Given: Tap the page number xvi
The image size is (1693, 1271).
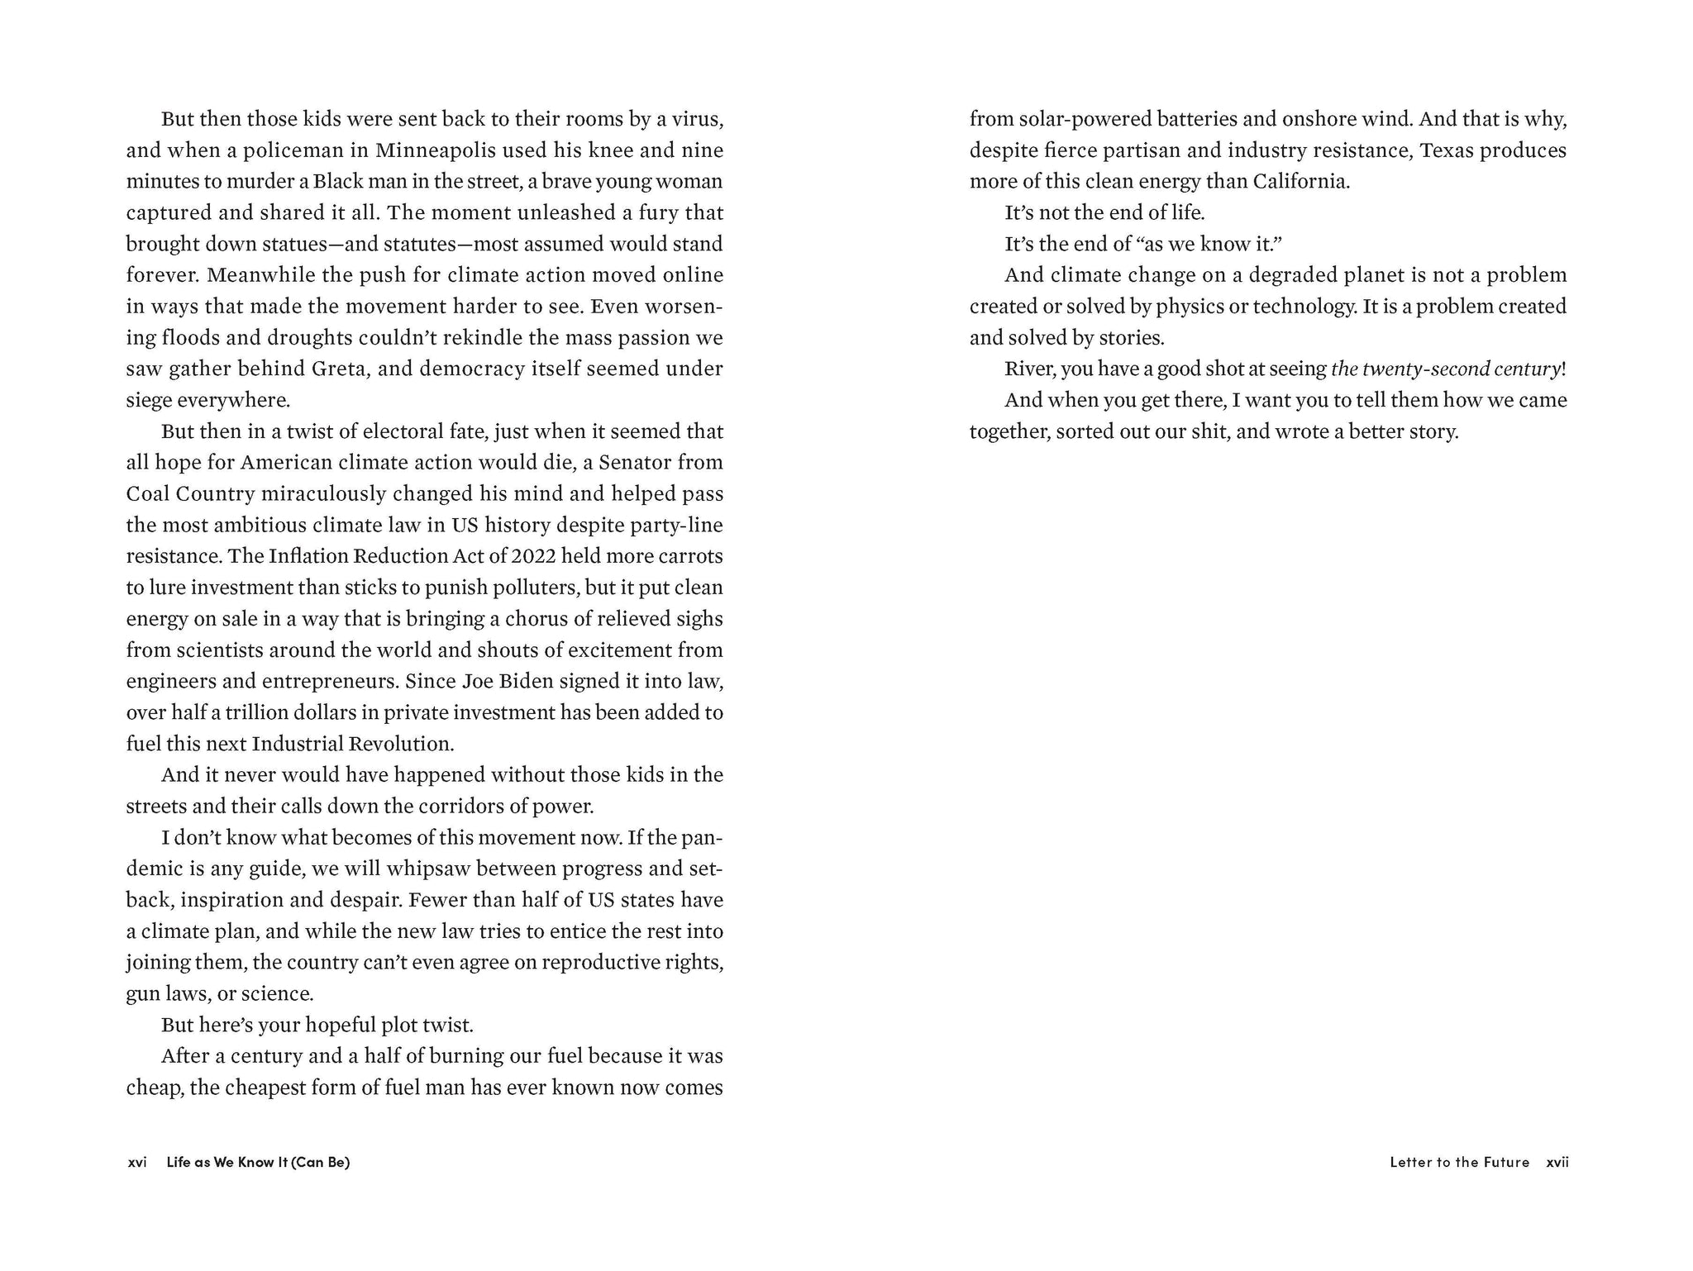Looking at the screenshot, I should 137,1162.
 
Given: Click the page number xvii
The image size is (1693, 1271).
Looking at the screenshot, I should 1557,1162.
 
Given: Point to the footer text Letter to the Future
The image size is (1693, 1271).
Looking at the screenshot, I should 1459,1162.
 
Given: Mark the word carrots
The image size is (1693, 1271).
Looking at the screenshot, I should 688,556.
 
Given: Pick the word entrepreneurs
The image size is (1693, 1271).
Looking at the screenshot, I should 330,681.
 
